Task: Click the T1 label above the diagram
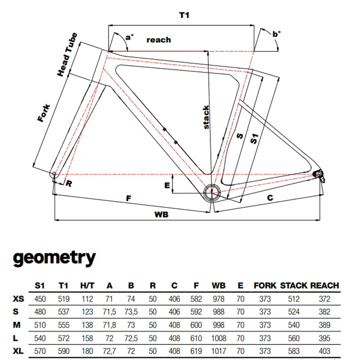(x=183, y=15)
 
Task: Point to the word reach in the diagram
(x=159, y=40)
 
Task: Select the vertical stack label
(x=206, y=117)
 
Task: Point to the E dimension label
(x=167, y=185)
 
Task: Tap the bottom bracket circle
(x=211, y=192)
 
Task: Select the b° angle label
(x=276, y=34)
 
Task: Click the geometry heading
(x=54, y=258)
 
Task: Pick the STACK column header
(x=293, y=285)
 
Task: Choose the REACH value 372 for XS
(x=324, y=298)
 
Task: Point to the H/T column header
(x=87, y=285)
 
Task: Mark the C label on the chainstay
(x=270, y=198)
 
